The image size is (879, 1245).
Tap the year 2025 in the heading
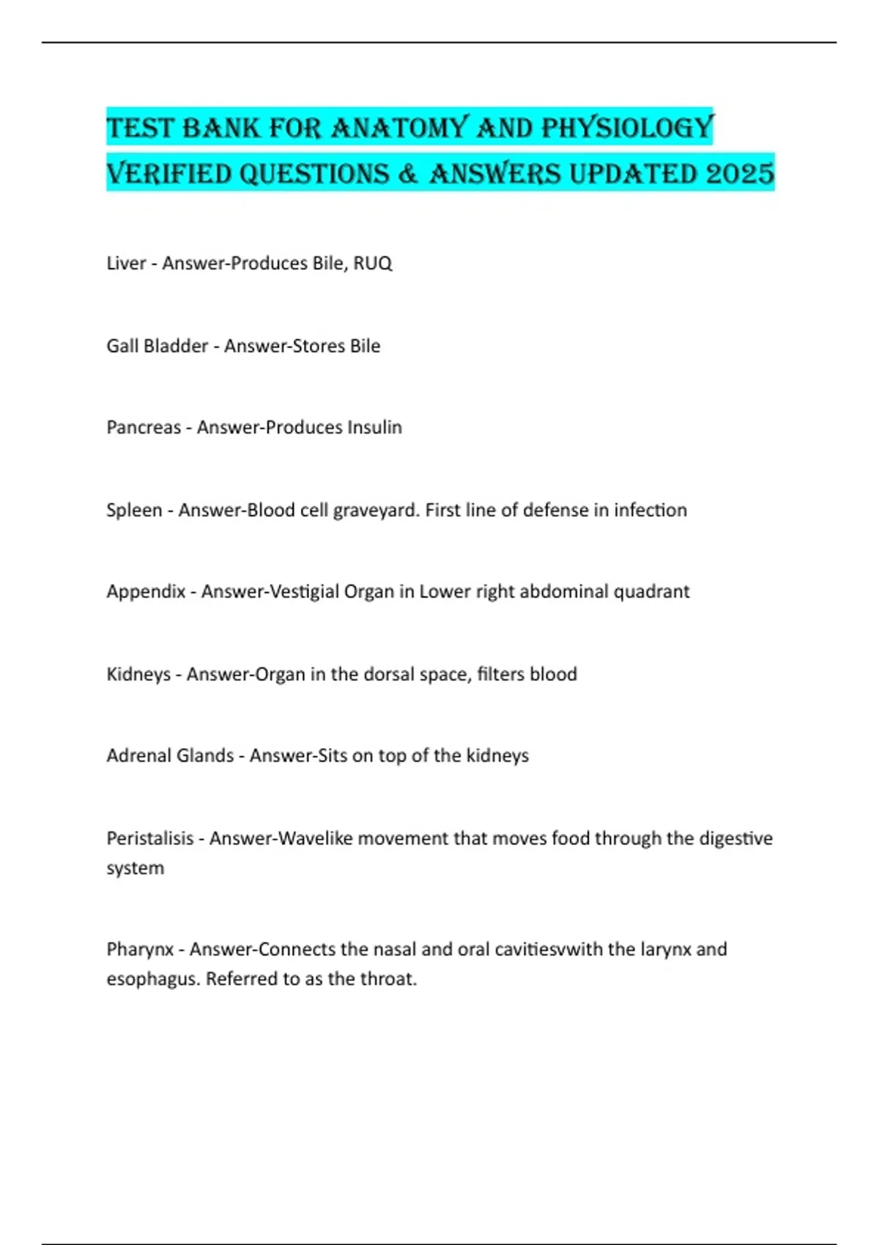pyautogui.click(x=741, y=174)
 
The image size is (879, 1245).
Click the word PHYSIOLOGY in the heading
pyautogui.click(x=627, y=128)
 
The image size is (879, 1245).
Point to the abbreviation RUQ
pyautogui.click(x=372, y=263)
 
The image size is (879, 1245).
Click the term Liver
pyautogui.click(x=126, y=263)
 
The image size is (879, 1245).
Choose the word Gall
pyautogui.click(x=122, y=346)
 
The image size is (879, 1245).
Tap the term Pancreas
pyautogui.click(x=144, y=427)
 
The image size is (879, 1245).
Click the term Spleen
pyautogui.click(x=134, y=510)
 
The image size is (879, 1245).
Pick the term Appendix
pyautogui.click(x=146, y=591)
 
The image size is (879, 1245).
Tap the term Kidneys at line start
pyautogui.click(x=138, y=674)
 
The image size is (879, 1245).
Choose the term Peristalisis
pyautogui.click(x=150, y=838)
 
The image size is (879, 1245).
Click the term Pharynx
pyautogui.click(x=140, y=949)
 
